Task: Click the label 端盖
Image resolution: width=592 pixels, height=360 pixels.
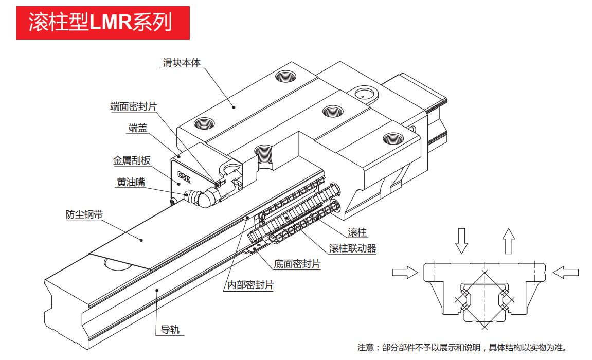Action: tap(137, 128)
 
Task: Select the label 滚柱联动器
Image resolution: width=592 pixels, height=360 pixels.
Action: tap(353, 248)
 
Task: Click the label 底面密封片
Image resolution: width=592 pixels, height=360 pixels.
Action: tap(297, 264)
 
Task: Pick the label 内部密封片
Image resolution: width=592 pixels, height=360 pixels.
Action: tap(250, 284)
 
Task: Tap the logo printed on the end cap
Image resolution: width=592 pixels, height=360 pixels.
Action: tap(183, 176)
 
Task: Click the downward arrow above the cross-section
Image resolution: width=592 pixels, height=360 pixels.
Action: tap(461, 240)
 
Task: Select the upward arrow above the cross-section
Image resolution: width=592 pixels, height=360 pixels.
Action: tap(508, 240)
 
